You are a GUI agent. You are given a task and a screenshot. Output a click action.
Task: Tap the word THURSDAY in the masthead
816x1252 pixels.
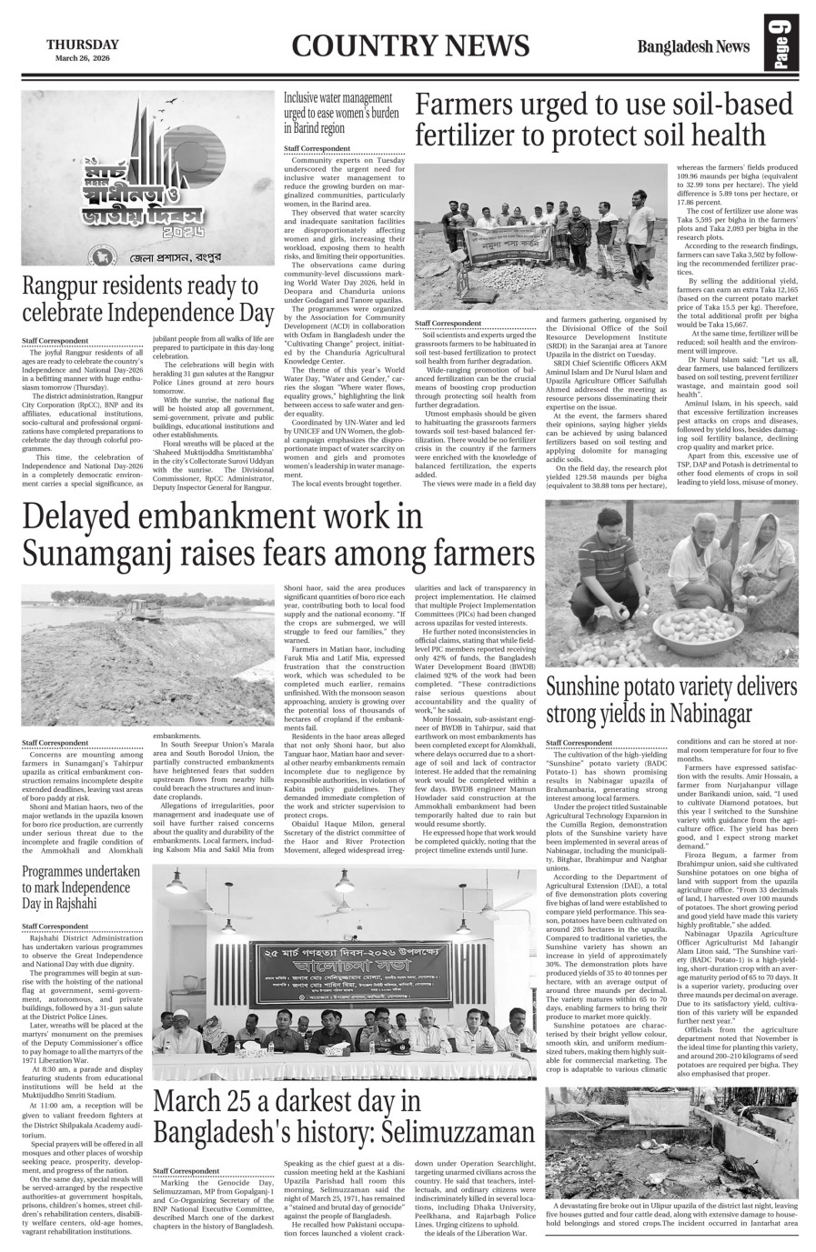pyautogui.click(x=82, y=45)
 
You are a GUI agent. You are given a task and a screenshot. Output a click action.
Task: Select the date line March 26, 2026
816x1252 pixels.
pyautogui.click(x=82, y=59)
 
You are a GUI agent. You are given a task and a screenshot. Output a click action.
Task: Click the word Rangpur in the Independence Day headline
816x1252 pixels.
pyautogui.click(x=65, y=287)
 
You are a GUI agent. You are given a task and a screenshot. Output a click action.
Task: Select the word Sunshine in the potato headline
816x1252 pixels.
pyautogui.click(x=590, y=686)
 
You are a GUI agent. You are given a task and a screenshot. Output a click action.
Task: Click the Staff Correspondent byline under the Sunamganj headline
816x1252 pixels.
pyautogui.click(x=55, y=743)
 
